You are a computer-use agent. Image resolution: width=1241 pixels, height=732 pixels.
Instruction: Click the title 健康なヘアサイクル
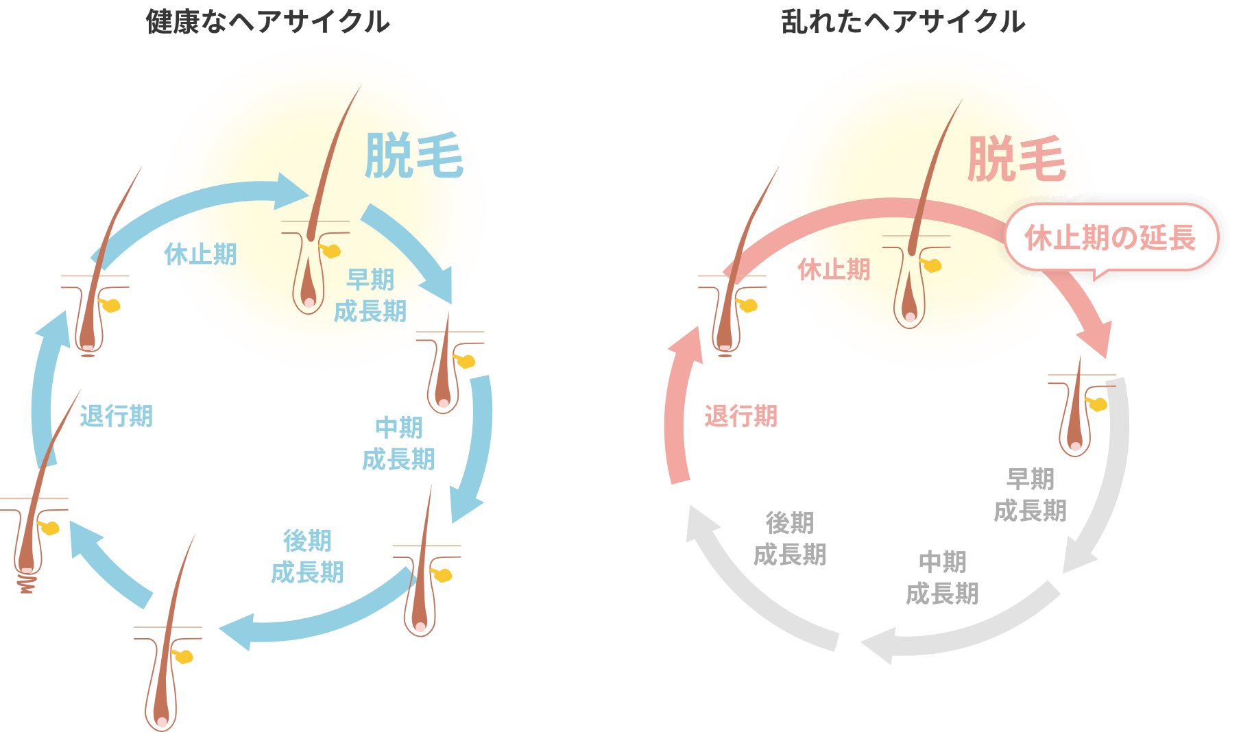(x=267, y=22)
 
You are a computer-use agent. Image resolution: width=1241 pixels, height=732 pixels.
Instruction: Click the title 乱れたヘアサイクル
(x=903, y=22)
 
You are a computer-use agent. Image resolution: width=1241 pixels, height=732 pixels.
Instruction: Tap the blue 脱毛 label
(x=414, y=156)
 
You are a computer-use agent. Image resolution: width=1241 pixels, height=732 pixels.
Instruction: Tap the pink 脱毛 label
(x=1016, y=159)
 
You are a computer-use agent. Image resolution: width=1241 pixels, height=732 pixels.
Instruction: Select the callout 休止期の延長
(x=1110, y=238)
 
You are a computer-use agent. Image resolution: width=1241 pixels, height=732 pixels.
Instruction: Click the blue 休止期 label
(x=201, y=255)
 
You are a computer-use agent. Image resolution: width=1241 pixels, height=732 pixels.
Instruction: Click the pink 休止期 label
(x=834, y=270)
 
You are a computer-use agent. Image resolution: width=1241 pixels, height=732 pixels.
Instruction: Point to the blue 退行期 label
(x=117, y=416)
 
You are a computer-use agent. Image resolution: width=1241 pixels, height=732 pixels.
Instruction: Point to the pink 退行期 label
(x=741, y=416)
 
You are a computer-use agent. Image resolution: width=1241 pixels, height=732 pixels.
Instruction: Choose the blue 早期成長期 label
(x=370, y=295)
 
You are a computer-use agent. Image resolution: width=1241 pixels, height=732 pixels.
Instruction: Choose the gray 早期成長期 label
(x=1030, y=494)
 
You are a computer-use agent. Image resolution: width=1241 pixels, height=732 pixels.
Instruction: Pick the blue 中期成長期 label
(x=398, y=443)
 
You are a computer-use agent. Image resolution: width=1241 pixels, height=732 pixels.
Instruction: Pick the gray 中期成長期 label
(x=942, y=578)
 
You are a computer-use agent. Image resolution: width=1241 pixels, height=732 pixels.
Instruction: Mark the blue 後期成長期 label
(x=307, y=557)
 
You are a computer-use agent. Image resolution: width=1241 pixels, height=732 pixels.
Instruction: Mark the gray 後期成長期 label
(x=790, y=539)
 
